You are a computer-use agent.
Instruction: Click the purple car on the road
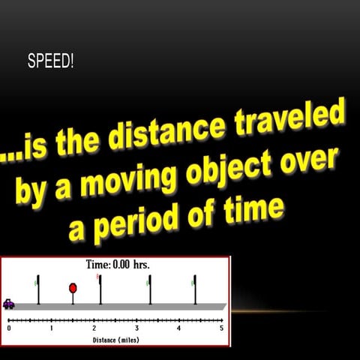tap(9, 303)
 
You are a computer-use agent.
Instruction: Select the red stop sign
tap(73, 288)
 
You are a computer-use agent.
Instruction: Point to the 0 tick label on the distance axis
tap(9, 328)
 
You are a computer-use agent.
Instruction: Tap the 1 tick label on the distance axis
tap(51, 328)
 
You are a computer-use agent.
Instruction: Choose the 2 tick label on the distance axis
tap(94, 328)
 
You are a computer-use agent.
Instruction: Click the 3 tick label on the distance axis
tap(136, 328)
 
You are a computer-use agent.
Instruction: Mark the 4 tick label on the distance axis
tap(178, 328)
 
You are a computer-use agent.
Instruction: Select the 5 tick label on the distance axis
tap(221, 328)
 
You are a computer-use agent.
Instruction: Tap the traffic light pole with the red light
tap(100, 289)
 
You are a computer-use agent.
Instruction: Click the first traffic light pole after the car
tap(38, 289)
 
